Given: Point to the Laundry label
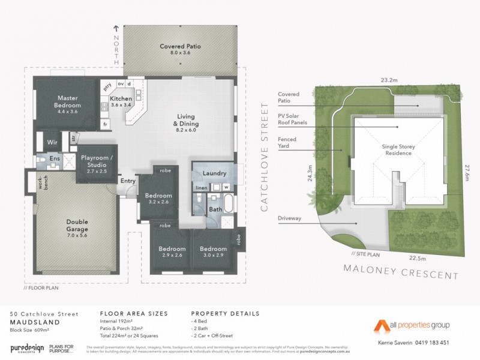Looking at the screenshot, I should point(214,173).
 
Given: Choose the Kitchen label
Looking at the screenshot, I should point(121,101).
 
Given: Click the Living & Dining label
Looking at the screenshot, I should point(185,120).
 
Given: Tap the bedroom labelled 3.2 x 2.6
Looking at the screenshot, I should point(158,199).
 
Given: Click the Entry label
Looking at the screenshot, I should point(128,181).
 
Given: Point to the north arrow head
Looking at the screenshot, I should point(117,28).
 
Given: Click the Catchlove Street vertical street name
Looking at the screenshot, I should point(265,157).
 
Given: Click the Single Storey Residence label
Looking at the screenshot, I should point(398,149).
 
